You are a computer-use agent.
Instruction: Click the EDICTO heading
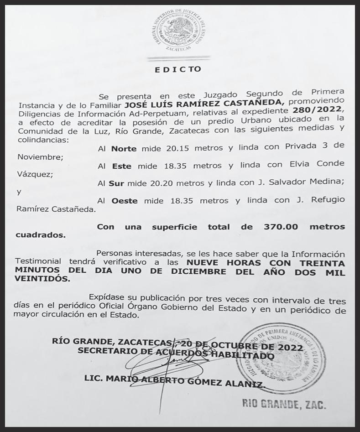(178, 70)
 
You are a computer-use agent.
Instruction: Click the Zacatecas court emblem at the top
(178, 31)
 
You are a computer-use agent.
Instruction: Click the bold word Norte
(124, 148)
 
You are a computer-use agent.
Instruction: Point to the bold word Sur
(120, 183)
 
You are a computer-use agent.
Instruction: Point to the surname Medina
(325, 183)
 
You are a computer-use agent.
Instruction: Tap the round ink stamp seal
(281, 357)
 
